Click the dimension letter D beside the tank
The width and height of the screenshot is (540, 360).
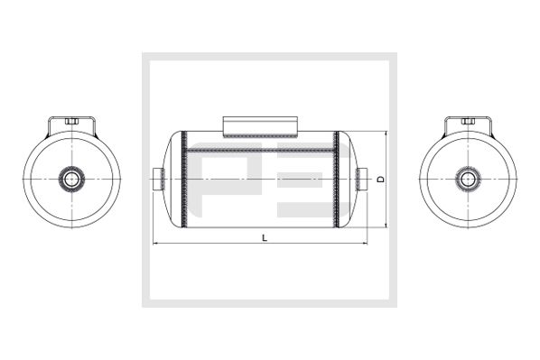(x=380, y=180)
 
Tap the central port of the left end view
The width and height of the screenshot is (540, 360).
(x=70, y=180)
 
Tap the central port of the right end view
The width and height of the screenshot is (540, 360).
(x=468, y=179)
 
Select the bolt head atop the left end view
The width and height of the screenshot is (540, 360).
(x=71, y=120)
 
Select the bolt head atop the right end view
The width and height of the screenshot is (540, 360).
(x=468, y=120)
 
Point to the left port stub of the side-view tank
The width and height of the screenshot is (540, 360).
(x=157, y=179)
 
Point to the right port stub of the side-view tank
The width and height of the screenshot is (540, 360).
(x=362, y=179)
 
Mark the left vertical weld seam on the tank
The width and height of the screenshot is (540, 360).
(x=185, y=180)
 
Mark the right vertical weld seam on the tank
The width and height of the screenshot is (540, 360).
(x=337, y=180)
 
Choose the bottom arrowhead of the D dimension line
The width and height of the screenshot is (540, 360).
(x=386, y=226)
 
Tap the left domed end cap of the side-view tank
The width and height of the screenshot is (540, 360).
(x=174, y=180)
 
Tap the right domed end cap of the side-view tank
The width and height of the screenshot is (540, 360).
(x=346, y=180)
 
